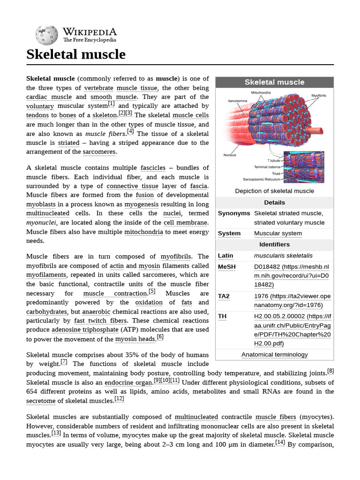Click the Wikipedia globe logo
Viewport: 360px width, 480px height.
(46, 35)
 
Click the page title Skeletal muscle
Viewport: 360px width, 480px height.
(76, 54)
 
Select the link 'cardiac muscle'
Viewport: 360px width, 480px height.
(49, 97)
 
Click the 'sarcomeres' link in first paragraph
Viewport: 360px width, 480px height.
(99, 152)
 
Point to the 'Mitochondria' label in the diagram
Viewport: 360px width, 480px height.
(261, 93)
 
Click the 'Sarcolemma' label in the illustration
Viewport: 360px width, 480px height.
(238, 101)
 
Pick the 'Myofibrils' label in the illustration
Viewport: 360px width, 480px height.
(319, 96)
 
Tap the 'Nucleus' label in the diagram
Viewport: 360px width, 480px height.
(230, 155)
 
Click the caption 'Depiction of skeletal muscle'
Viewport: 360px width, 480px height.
(274, 191)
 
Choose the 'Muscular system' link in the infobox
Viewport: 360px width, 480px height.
(278, 233)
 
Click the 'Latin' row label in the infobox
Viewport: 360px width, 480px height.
(225, 256)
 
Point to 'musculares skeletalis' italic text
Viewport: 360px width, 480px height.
(283, 256)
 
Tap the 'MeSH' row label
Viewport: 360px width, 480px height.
(227, 267)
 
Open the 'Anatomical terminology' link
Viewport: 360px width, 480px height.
(274, 355)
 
